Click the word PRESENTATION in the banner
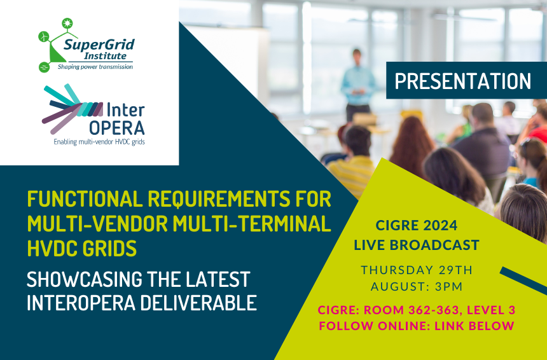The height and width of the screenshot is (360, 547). [x=462, y=81]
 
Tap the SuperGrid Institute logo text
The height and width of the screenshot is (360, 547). [x=99, y=49]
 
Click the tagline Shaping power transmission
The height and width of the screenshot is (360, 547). [x=95, y=67]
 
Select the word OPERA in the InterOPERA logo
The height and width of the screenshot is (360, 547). [x=117, y=128]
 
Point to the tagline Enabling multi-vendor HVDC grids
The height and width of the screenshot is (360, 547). [x=99, y=142]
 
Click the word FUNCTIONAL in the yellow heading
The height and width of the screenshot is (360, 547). [x=85, y=199]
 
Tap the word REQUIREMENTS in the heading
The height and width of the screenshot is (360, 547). [x=219, y=199]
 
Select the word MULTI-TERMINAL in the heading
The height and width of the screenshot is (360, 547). [x=251, y=224]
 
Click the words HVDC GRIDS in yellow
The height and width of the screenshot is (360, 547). [x=82, y=248]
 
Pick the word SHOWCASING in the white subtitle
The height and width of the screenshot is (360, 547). [x=85, y=279]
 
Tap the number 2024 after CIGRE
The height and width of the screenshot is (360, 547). [x=440, y=225]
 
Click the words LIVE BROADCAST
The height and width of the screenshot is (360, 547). [x=417, y=245]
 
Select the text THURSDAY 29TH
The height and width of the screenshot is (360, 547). [x=417, y=270]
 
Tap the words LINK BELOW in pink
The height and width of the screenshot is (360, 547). [x=474, y=326]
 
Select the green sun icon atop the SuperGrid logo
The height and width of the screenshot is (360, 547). [x=67, y=24]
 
